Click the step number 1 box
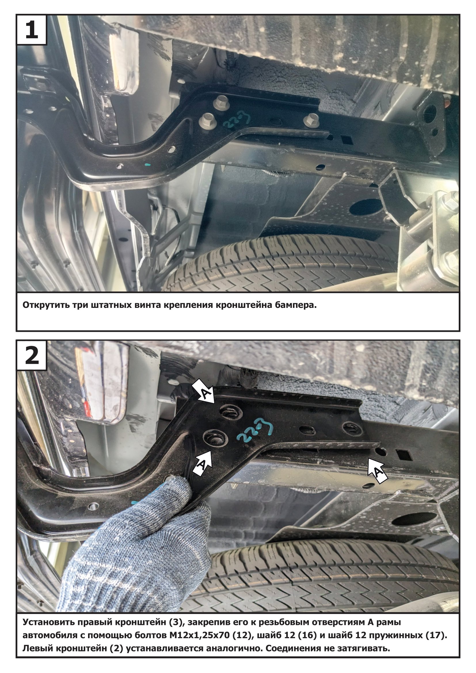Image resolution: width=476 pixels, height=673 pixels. tap(32, 30)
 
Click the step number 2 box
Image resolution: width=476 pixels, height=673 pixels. tap(32, 356)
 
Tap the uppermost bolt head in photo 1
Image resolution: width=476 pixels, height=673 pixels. tap(220, 102)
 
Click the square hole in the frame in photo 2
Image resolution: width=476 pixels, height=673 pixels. tap(402, 455)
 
